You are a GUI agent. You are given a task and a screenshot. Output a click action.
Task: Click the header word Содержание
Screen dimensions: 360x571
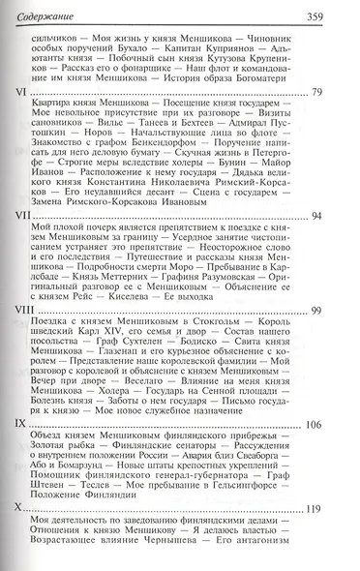[45, 13]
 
